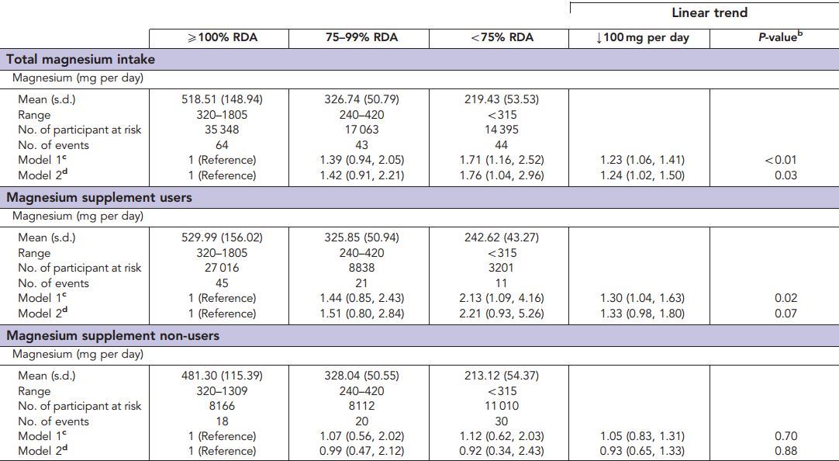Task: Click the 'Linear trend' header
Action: point(710,12)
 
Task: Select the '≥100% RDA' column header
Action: point(222,37)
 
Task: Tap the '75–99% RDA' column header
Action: point(361,37)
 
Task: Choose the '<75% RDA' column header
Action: point(502,37)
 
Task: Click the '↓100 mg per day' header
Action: point(642,37)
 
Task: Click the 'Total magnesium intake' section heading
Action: point(81,59)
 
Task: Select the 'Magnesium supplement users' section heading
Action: point(99,197)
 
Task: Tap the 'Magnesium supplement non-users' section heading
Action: point(113,335)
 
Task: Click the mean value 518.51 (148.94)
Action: point(222,99)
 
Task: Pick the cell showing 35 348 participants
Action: point(222,130)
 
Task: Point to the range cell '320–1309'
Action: point(222,391)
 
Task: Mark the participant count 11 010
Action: point(501,406)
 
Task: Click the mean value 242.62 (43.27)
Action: point(501,237)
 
